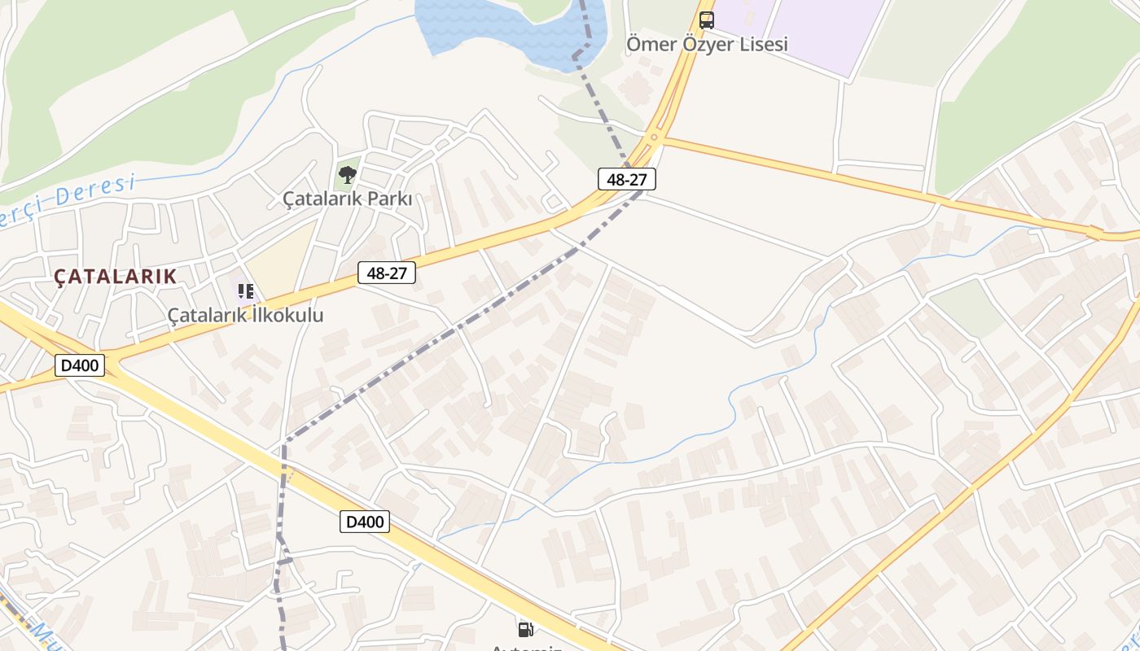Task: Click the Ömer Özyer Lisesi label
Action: tap(707, 44)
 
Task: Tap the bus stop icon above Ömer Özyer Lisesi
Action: tap(707, 20)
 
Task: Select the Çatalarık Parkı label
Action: tap(347, 199)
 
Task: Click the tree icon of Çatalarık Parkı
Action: tap(348, 174)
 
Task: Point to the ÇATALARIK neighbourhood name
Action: tap(116, 277)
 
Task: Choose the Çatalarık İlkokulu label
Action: tap(245, 315)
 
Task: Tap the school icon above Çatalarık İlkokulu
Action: tap(246, 291)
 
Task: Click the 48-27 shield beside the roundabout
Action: tap(626, 179)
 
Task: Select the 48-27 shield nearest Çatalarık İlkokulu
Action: tap(387, 273)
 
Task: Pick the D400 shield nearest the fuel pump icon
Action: tap(365, 522)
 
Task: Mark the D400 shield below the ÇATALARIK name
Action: tap(80, 365)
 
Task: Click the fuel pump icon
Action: tap(526, 628)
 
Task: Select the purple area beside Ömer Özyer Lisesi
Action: tap(822, 33)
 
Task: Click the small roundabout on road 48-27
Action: tap(654, 138)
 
